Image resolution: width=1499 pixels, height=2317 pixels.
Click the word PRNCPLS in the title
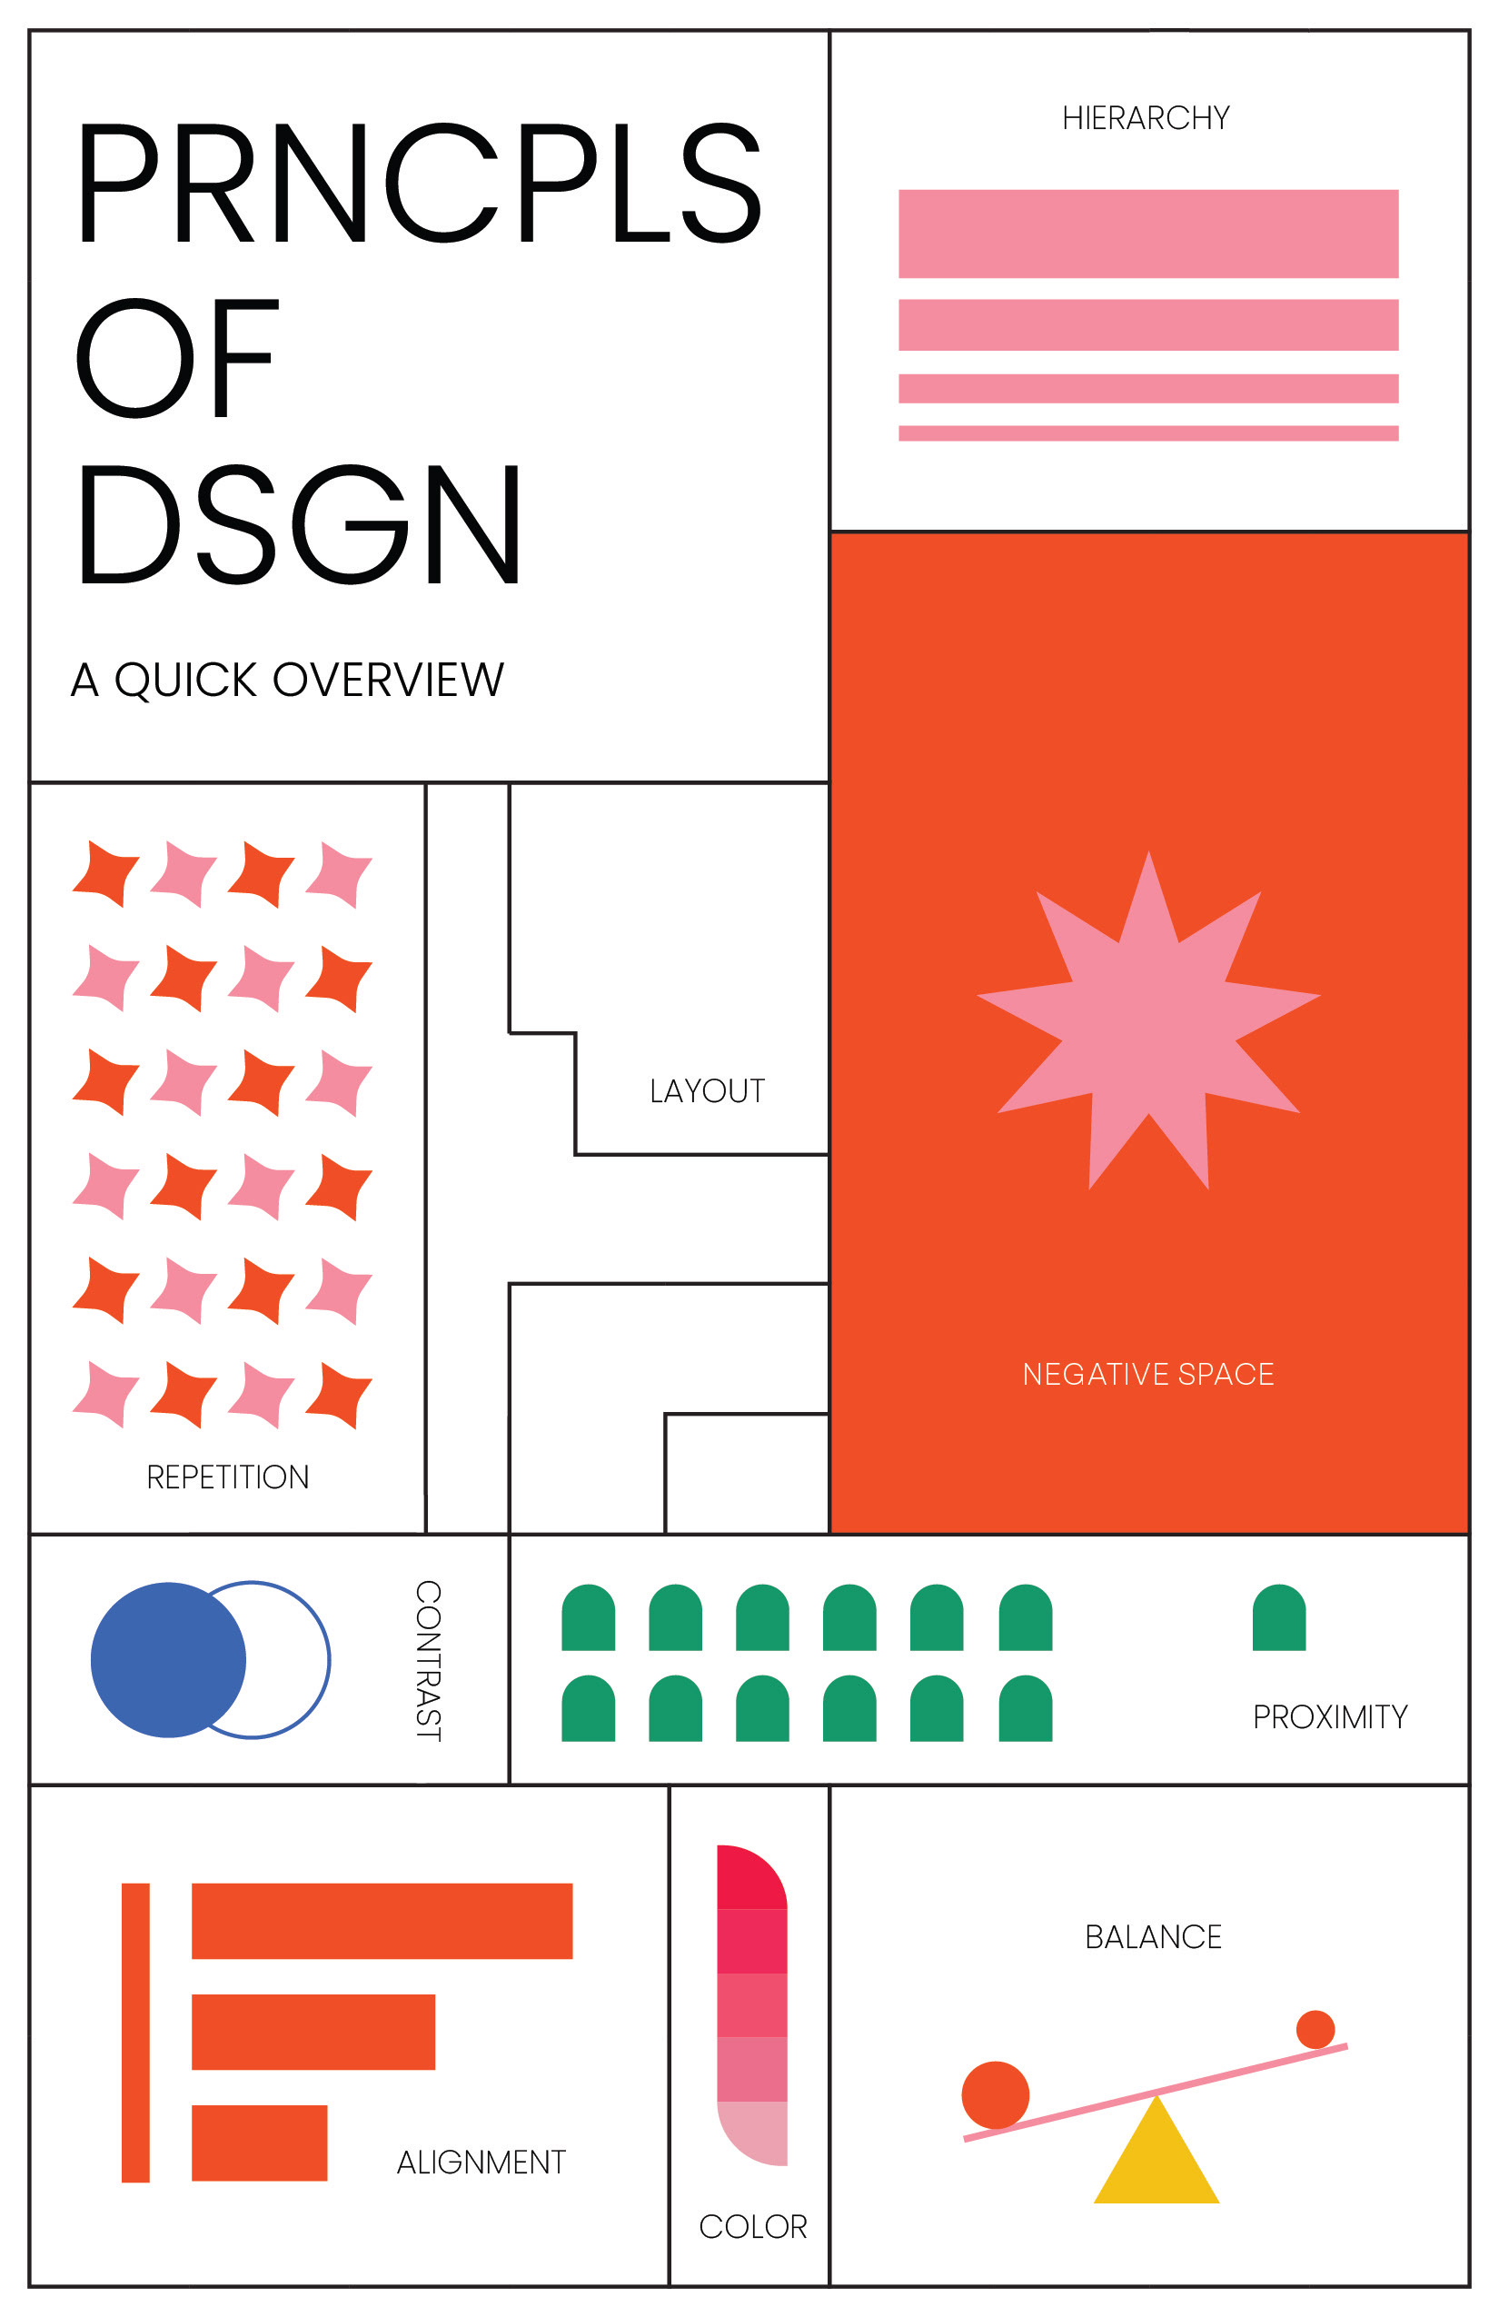(x=419, y=183)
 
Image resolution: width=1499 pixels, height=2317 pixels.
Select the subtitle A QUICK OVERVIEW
(x=287, y=680)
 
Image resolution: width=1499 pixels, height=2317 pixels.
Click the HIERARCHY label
(x=1146, y=119)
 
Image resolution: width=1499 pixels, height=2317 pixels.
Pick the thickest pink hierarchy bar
(x=1147, y=234)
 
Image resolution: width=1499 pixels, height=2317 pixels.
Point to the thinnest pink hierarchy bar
(x=1147, y=433)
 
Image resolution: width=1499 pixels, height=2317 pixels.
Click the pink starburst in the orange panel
(x=1147, y=1022)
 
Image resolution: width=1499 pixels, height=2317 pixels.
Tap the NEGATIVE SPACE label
(x=1147, y=1374)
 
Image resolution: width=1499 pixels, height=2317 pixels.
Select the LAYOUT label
(x=707, y=1091)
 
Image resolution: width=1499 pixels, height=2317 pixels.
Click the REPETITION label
(x=228, y=1477)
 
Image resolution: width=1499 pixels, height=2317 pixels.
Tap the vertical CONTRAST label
(x=428, y=1660)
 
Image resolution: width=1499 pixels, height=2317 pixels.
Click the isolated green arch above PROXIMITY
(x=1278, y=1618)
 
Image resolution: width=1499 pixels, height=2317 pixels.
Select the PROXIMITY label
(x=1330, y=1716)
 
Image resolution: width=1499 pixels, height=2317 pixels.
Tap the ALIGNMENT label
(x=481, y=2163)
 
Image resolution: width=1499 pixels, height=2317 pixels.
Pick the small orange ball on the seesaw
(x=1315, y=2029)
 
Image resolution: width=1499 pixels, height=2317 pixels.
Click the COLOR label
(x=752, y=2226)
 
